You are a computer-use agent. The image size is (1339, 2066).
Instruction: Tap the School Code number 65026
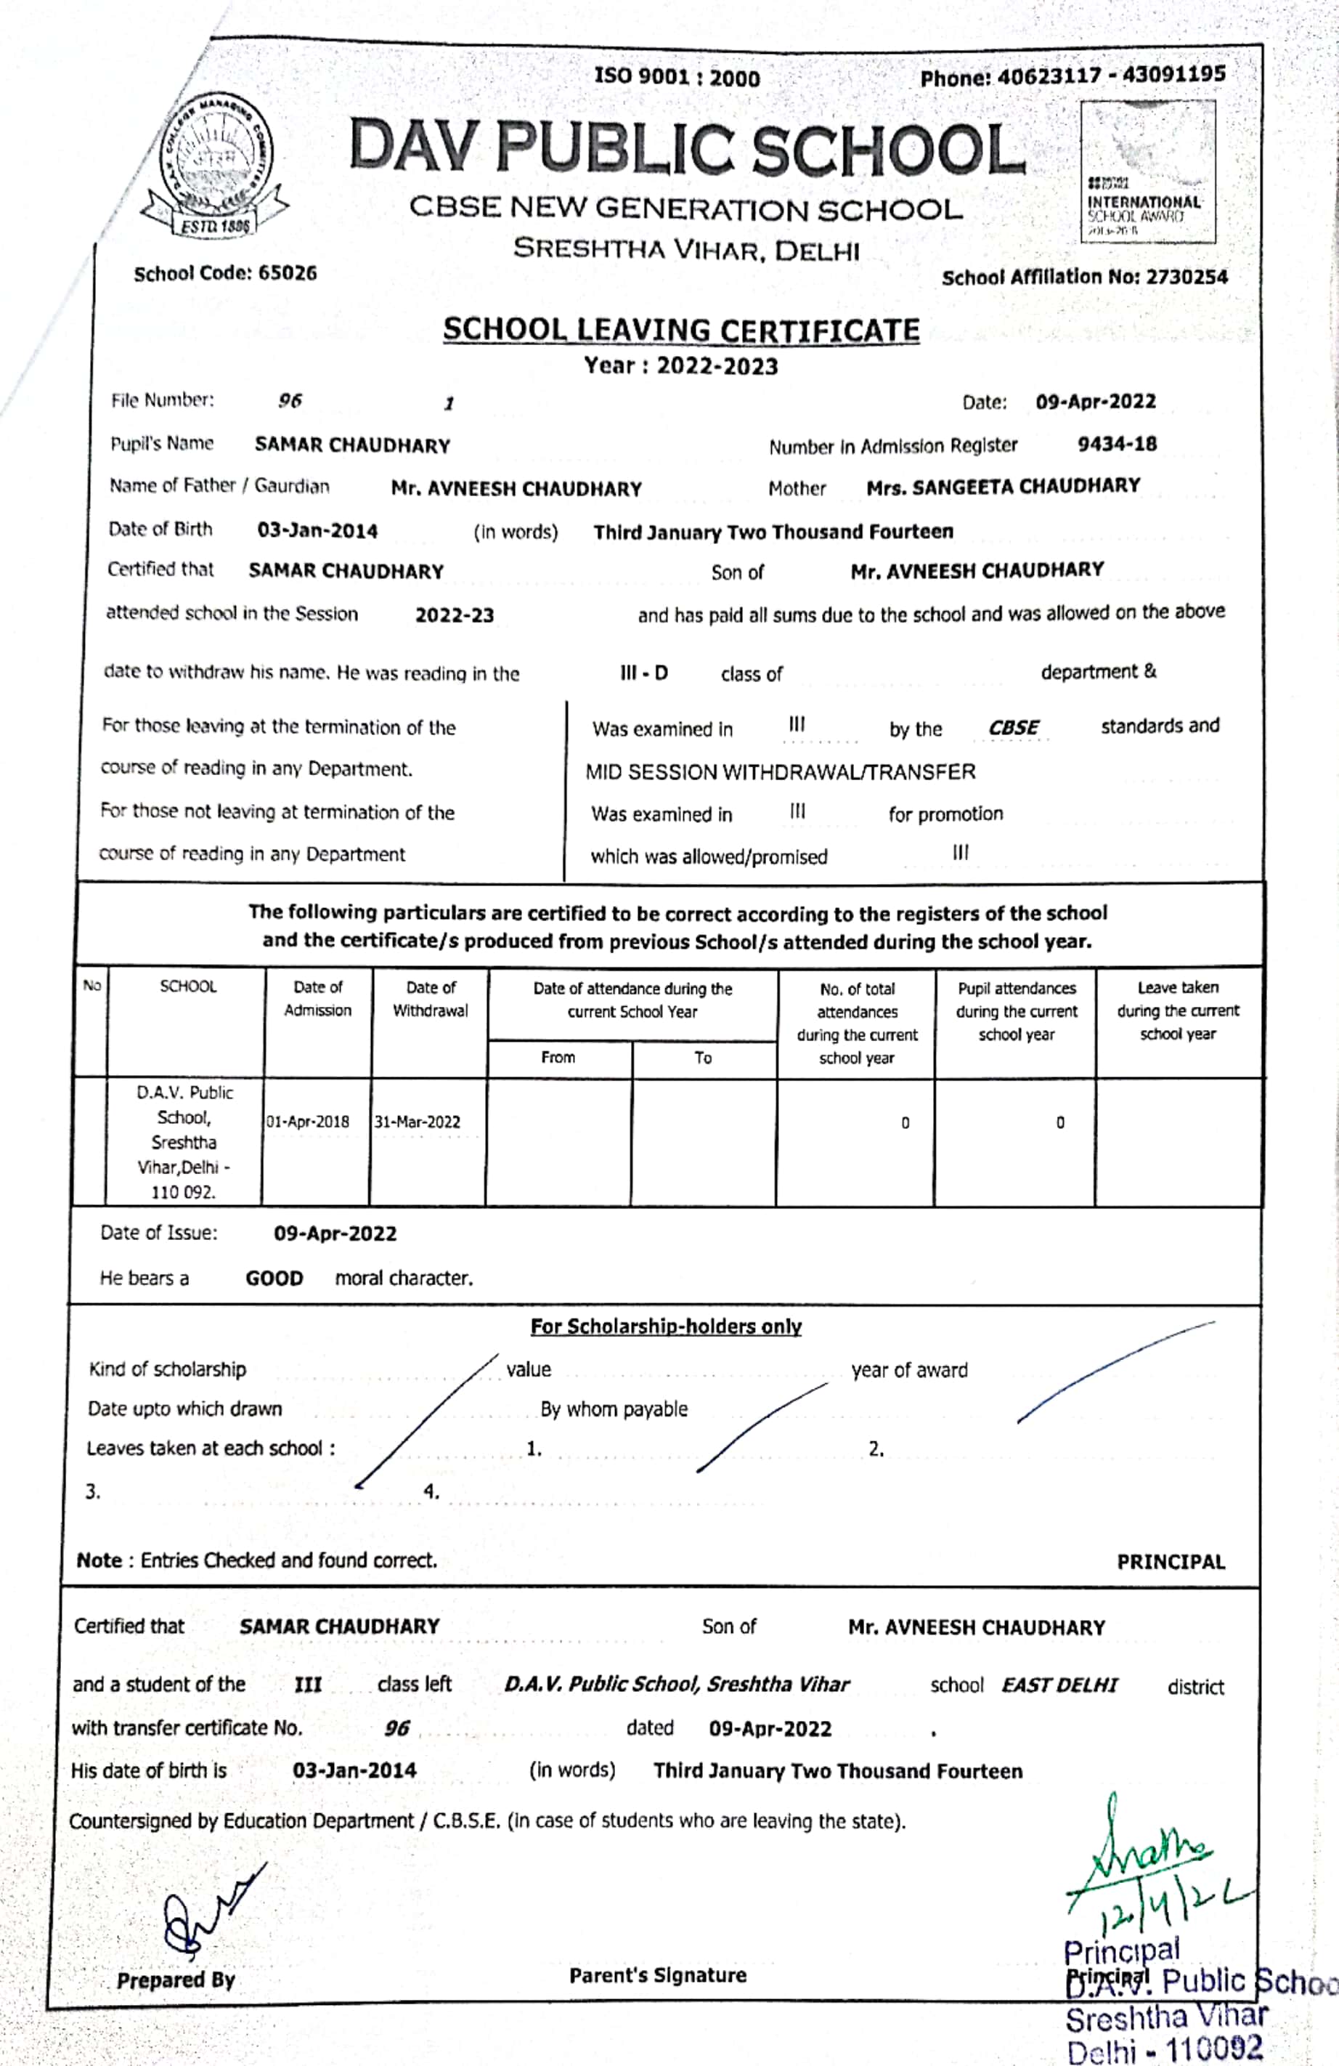(x=288, y=273)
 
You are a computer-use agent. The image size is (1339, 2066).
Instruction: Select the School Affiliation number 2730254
(x=1187, y=278)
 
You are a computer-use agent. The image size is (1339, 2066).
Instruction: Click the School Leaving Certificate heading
(x=681, y=331)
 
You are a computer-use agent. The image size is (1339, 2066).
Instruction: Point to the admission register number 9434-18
(x=1117, y=445)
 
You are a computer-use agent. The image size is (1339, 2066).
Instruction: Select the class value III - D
(x=644, y=673)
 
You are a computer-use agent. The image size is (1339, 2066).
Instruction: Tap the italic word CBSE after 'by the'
(x=1013, y=727)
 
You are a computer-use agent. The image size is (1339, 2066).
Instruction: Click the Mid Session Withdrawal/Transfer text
(x=780, y=771)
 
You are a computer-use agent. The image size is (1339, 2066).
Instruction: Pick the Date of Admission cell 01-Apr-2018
(x=308, y=1122)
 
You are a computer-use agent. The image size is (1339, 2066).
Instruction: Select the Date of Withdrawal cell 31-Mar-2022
(x=418, y=1122)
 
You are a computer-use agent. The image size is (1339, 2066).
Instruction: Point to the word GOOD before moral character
(x=274, y=1279)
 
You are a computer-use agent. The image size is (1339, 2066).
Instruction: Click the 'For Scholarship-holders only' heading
(x=666, y=1326)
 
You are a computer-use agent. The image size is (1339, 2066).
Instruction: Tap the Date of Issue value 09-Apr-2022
(x=335, y=1233)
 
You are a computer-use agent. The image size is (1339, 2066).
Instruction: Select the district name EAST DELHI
(x=1059, y=1685)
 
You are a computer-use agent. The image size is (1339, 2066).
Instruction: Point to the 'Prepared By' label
(x=176, y=1980)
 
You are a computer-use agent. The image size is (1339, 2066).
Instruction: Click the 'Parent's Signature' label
(x=657, y=1975)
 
